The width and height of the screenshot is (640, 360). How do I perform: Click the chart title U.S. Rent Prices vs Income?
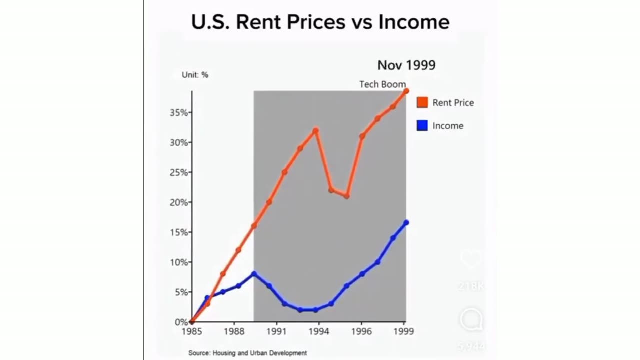click(320, 22)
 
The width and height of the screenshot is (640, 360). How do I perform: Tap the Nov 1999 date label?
click(406, 65)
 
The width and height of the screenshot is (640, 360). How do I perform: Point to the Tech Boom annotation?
click(382, 84)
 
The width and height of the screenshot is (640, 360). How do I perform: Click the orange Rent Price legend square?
click(422, 102)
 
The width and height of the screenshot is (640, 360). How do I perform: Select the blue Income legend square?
click(422, 126)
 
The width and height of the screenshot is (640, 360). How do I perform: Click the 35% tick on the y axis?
click(178, 113)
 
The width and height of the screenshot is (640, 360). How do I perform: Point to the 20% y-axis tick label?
click(178, 202)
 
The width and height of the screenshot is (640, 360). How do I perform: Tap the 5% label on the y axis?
click(180, 292)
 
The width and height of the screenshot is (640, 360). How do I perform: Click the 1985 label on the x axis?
click(192, 331)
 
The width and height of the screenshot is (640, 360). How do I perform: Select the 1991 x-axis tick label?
click(276, 331)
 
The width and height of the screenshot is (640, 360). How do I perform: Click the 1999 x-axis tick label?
click(404, 331)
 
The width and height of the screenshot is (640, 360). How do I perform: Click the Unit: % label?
click(195, 75)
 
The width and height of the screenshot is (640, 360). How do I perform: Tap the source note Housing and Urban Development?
click(247, 353)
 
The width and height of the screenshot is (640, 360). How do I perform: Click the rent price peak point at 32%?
click(315, 131)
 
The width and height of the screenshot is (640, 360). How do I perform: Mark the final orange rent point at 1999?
click(406, 91)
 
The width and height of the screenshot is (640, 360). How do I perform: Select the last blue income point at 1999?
click(406, 222)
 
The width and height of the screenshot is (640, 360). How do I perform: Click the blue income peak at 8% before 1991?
click(254, 274)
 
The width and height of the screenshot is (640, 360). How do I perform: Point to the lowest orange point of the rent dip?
click(346, 196)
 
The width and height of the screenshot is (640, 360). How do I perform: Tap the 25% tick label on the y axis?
click(178, 172)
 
